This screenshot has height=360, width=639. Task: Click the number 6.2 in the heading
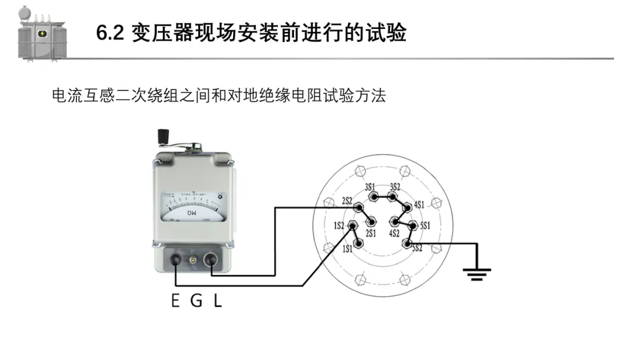(x=110, y=33)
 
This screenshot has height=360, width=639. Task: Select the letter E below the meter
(x=175, y=301)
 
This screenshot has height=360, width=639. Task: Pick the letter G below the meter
(x=196, y=301)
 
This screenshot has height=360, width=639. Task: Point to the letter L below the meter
(x=217, y=301)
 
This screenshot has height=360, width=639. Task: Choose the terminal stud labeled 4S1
(x=408, y=207)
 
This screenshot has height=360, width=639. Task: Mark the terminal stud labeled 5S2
(x=406, y=243)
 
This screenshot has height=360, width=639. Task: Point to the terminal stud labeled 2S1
(x=372, y=223)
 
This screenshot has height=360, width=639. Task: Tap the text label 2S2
(x=347, y=200)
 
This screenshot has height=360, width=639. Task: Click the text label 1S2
(x=339, y=226)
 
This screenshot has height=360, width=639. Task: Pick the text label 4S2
(x=395, y=234)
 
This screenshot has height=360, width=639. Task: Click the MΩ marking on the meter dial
(x=191, y=212)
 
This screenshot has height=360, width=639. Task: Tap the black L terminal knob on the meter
(x=212, y=260)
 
